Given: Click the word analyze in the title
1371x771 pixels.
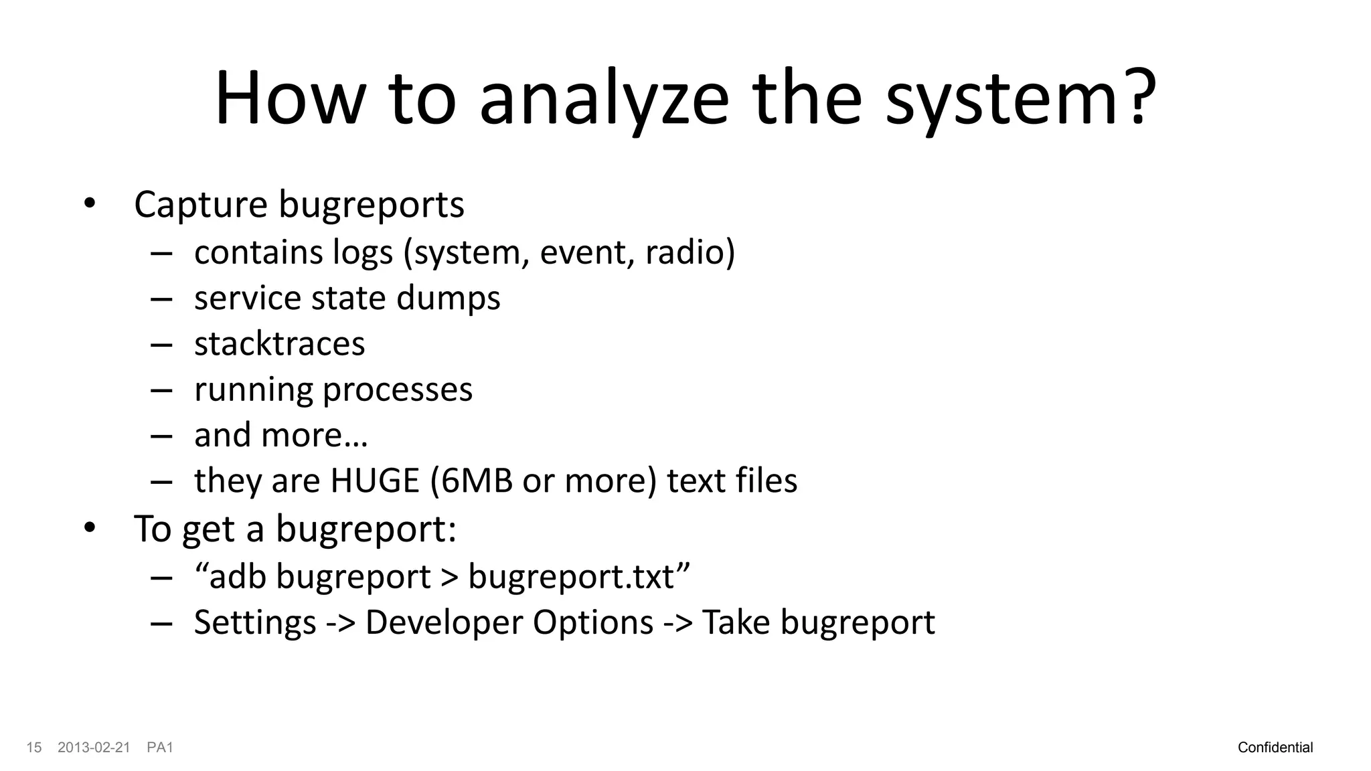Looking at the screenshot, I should [x=603, y=99].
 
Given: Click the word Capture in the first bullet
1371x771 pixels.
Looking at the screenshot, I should [x=200, y=204].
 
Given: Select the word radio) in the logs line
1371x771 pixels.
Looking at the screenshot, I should [x=690, y=252].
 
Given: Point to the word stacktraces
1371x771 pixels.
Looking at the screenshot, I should [x=279, y=344].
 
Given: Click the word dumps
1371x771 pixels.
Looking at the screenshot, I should [x=448, y=298].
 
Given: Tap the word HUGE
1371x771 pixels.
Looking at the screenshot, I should [x=374, y=481].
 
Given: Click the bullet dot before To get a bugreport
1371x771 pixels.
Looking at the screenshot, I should [x=90, y=528].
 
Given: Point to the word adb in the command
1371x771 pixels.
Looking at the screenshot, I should [x=237, y=577].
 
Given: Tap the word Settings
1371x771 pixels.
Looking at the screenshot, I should [x=254, y=622].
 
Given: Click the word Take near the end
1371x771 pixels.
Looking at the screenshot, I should [x=736, y=622].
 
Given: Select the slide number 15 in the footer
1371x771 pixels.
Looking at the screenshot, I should [x=34, y=748].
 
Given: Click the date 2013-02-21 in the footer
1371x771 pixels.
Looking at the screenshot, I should [x=94, y=748].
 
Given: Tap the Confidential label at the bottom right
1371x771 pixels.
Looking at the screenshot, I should [x=1275, y=748].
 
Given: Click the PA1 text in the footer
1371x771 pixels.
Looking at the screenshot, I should [x=160, y=748].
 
